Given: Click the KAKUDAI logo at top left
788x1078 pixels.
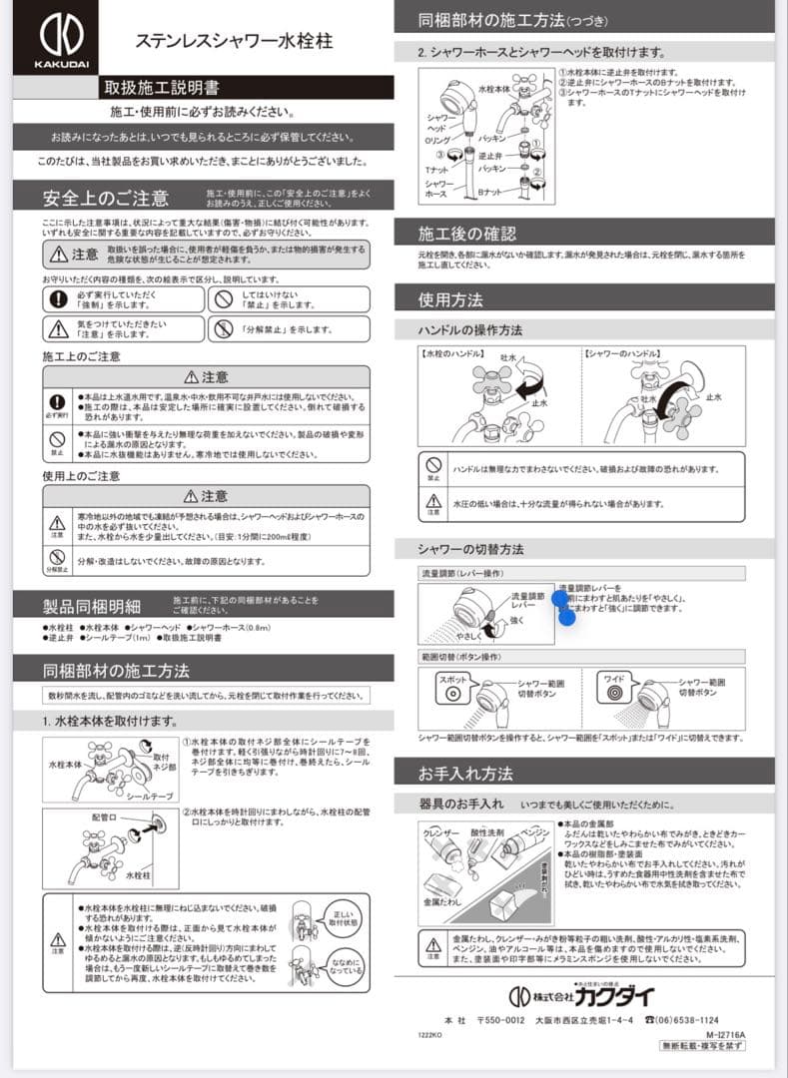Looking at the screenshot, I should (55, 39).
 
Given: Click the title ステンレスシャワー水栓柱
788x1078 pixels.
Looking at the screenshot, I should (234, 41).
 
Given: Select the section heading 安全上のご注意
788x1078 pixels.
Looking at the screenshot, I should (106, 197).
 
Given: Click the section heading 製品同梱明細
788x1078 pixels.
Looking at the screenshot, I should (92, 605).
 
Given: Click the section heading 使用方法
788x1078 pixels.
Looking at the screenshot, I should (451, 298).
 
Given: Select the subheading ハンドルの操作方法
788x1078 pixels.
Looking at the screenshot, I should (470, 329).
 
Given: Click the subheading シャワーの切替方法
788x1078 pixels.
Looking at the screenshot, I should (471, 549).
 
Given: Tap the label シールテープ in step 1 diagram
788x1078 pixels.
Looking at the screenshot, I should (149, 796).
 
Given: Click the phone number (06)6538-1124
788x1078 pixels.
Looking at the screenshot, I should (681, 1019).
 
